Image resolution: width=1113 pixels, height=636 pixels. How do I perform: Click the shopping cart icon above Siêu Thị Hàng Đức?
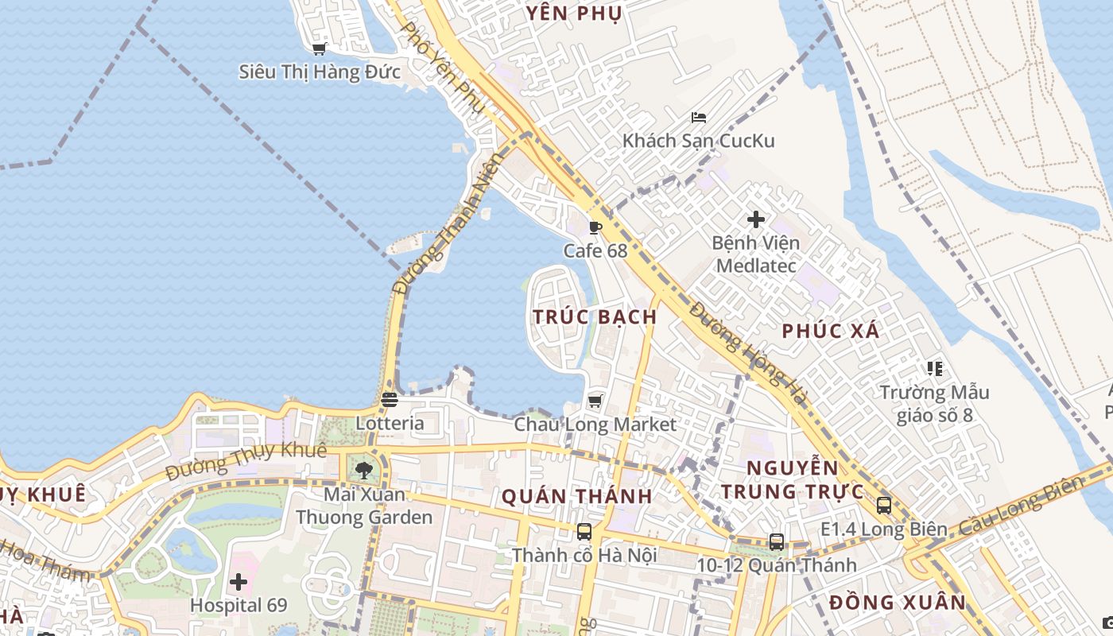[320, 49]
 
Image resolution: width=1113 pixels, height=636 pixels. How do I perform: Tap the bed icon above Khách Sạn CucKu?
[699, 118]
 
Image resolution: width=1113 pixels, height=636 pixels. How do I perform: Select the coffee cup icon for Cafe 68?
[595, 228]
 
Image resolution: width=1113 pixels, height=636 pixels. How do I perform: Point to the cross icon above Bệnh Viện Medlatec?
[756, 219]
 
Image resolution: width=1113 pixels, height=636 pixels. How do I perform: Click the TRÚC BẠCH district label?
[595, 316]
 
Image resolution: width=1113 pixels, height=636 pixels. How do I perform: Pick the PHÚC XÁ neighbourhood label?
[831, 332]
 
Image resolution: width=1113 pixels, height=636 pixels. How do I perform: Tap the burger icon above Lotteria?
[389, 400]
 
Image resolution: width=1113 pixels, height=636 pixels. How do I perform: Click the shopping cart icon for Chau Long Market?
[595, 401]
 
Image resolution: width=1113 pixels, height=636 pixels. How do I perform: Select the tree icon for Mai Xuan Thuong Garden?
[364, 471]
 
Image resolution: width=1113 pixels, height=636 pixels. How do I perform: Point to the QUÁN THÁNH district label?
[577, 497]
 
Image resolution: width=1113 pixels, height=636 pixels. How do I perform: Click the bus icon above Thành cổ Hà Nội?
[584, 532]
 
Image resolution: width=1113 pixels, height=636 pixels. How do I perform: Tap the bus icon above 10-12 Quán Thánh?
[777, 542]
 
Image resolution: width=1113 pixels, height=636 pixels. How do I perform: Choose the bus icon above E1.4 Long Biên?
[884, 506]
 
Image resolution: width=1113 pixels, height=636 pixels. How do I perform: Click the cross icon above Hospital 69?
[238, 583]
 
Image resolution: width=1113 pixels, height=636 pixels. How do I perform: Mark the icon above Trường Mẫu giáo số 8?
[934, 369]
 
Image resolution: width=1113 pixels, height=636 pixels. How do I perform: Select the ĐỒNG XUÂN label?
[898, 602]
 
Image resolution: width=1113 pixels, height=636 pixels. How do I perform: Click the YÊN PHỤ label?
[573, 14]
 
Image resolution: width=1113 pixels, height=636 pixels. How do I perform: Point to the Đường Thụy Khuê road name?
[246, 461]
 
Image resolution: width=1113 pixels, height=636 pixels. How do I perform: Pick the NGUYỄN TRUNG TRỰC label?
[793, 479]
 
